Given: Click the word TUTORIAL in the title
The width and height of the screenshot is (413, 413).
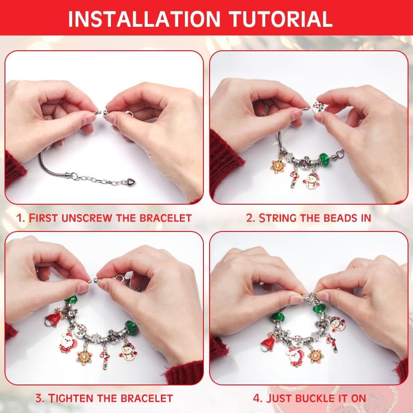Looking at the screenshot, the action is [x=281, y=19].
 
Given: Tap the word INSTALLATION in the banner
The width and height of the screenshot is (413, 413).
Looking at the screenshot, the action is [x=144, y=19].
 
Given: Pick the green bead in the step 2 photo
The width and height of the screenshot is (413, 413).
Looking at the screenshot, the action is [x=325, y=159].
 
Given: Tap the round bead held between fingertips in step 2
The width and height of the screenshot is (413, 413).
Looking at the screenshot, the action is [x=319, y=107].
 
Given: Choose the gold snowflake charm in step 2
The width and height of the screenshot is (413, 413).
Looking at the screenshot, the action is [x=278, y=165].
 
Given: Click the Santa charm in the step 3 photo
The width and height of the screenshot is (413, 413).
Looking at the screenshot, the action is [x=67, y=342].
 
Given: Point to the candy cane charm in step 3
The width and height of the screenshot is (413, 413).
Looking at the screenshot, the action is [x=105, y=358].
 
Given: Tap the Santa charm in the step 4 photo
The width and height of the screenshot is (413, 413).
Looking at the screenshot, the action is [x=295, y=356].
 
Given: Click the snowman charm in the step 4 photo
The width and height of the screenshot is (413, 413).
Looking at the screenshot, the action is [x=337, y=324].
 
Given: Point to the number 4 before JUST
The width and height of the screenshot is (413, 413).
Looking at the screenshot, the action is [x=256, y=398].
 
